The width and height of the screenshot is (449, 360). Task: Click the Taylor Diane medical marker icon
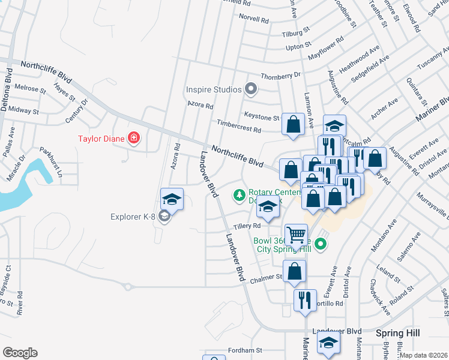tap(133, 139)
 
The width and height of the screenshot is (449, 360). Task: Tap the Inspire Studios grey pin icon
tap(252, 90)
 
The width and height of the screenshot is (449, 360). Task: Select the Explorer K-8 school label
tap(134, 217)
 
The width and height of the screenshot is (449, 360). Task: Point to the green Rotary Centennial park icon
tap(240, 194)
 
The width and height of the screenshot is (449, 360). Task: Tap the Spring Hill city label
tap(397, 332)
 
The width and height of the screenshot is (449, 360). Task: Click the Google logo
tap(19, 353)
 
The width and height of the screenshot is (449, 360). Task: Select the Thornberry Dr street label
tap(281, 76)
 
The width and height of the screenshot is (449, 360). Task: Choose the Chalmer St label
tap(267, 277)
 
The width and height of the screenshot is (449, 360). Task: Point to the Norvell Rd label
tap(253, 19)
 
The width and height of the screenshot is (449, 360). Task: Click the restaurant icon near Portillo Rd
tap(305, 299)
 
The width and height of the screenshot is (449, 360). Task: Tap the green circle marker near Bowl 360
tap(321, 244)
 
